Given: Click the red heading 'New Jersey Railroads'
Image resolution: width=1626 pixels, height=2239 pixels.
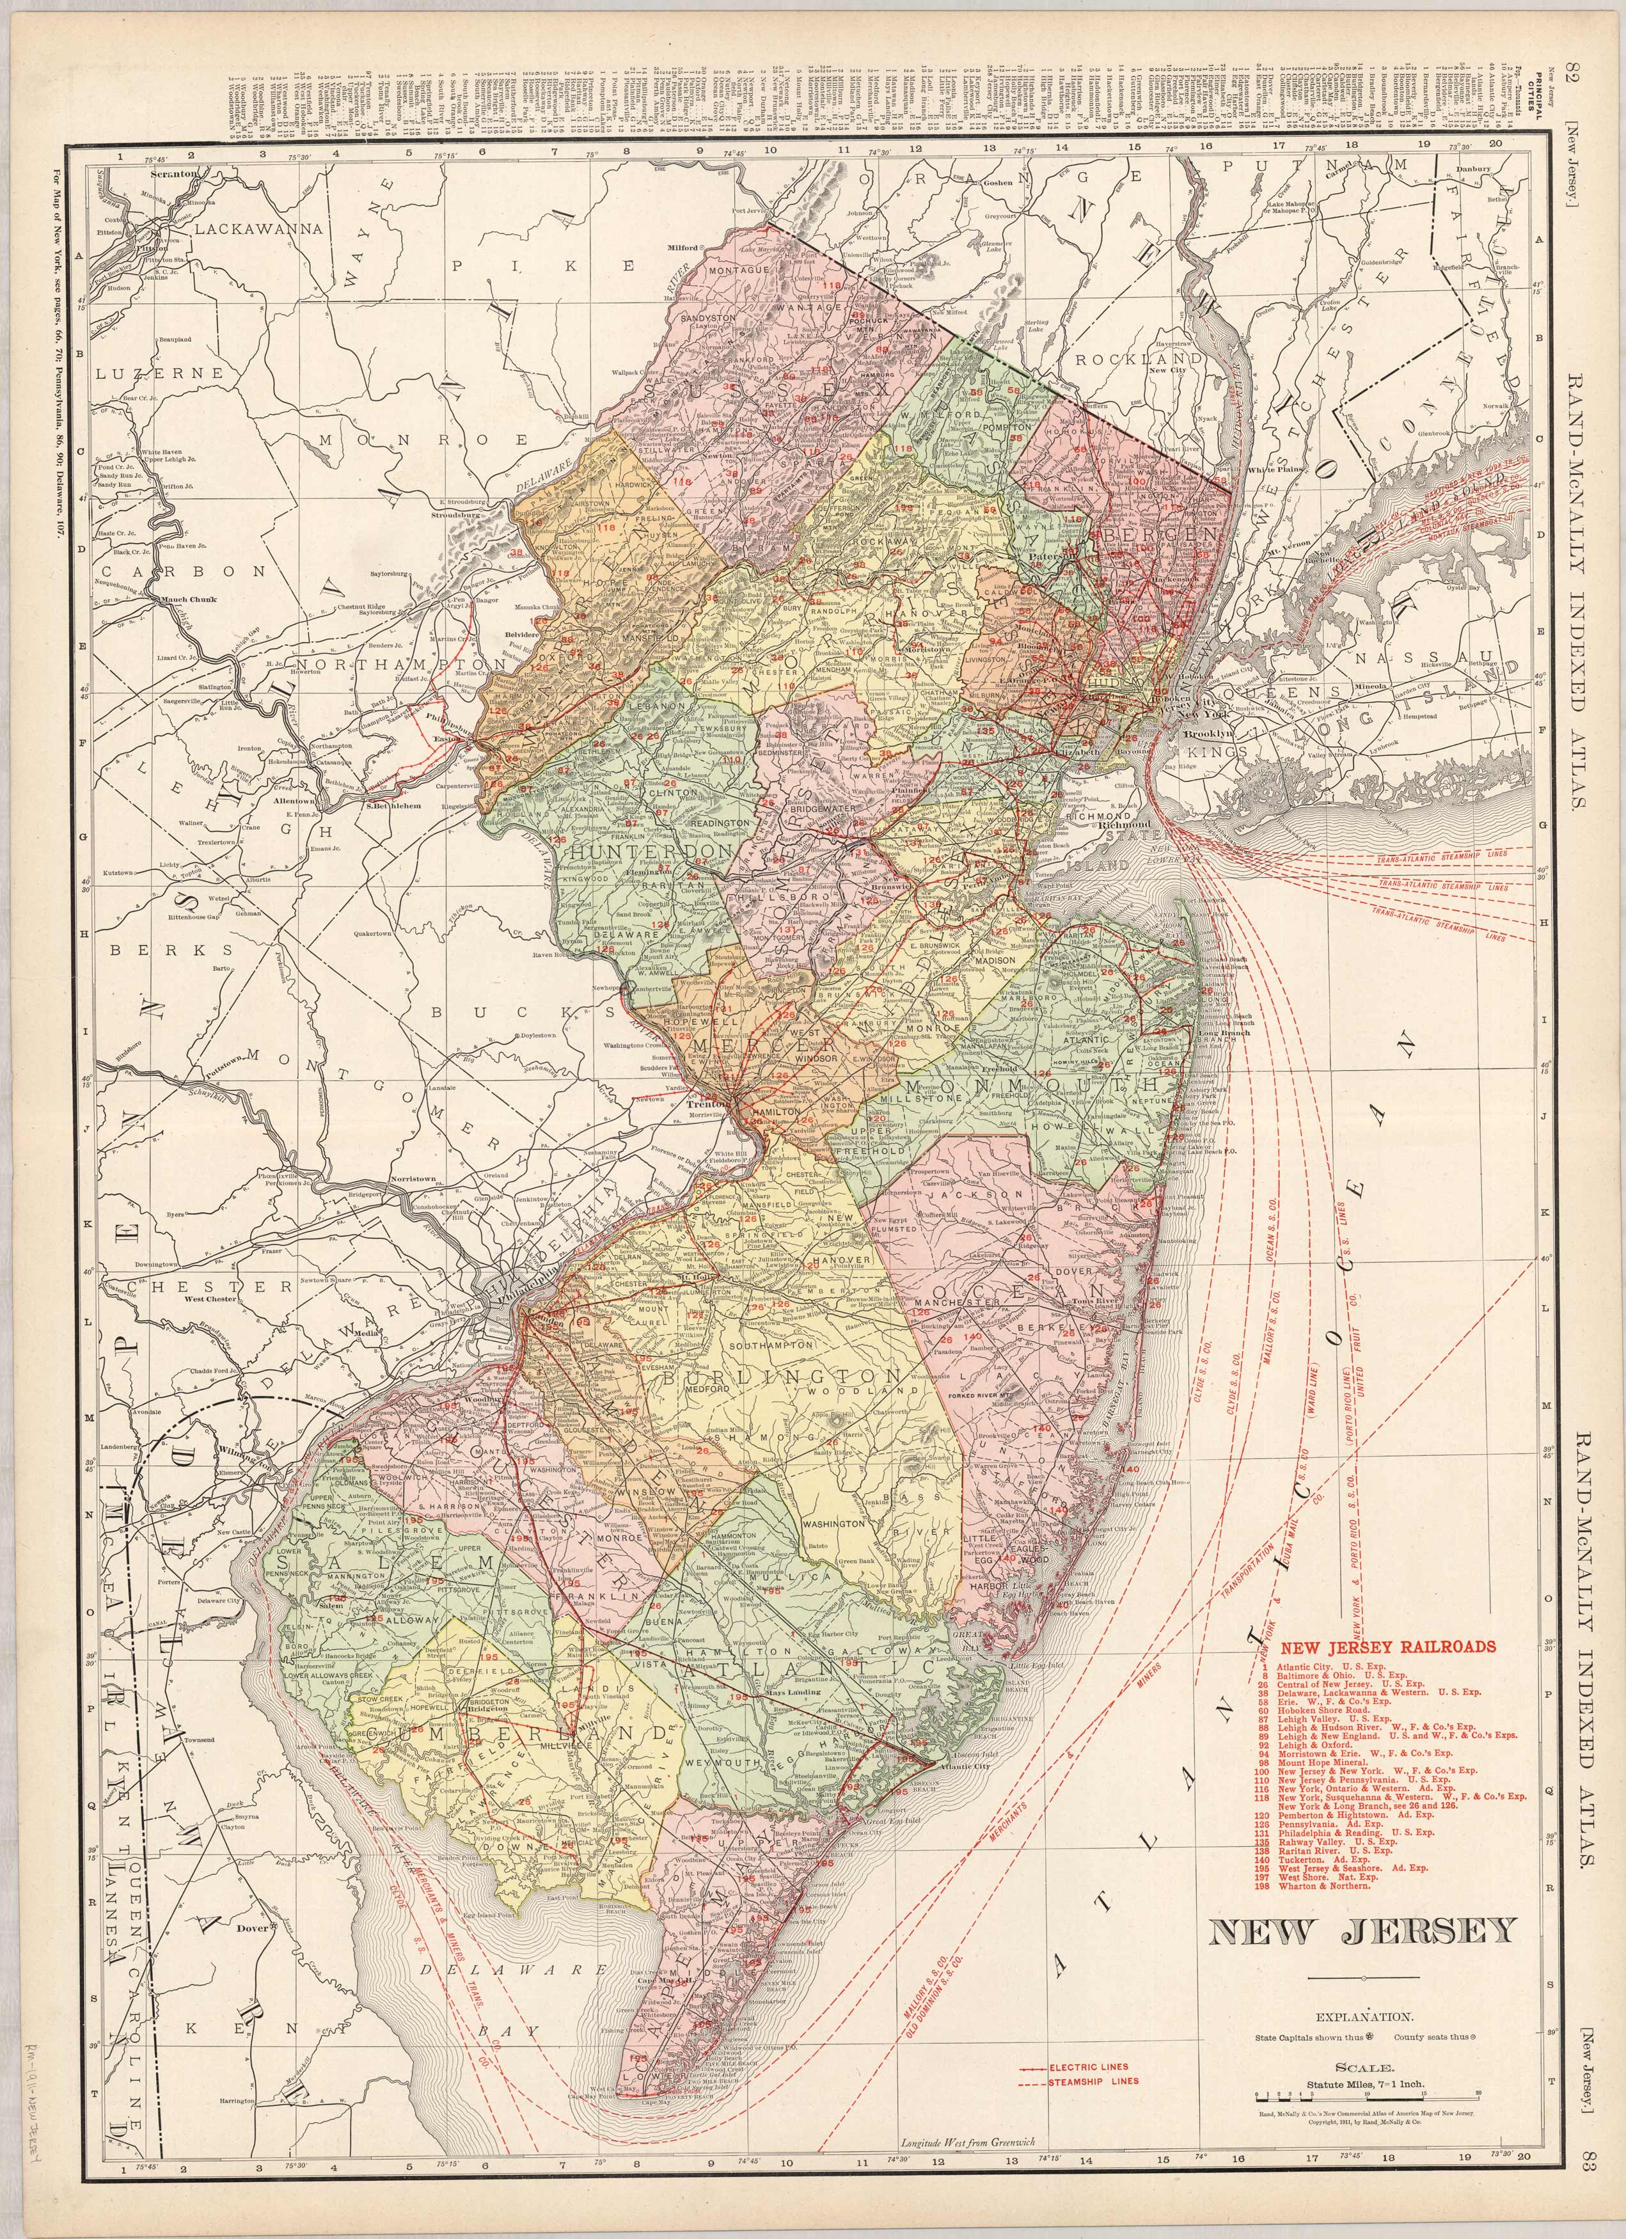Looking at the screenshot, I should click(x=1387, y=1647).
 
